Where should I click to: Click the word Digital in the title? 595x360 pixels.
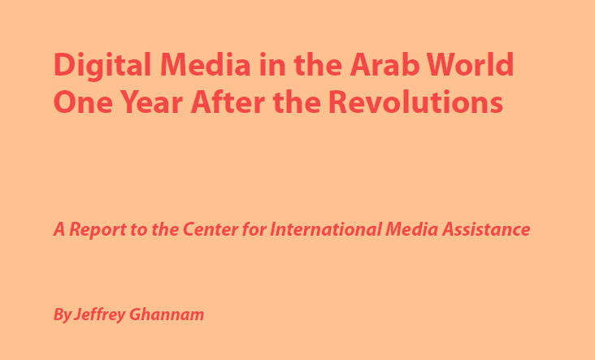pyautogui.click(x=102, y=66)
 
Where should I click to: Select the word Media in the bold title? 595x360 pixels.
pyautogui.click(x=206, y=64)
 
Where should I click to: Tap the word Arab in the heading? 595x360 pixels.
pyautogui.click(x=384, y=64)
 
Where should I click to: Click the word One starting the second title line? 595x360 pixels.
pyautogui.click(x=83, y=102)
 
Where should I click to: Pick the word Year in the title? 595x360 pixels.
pyautogui.click(x=152, y=102)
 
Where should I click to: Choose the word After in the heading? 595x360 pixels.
pyautogui.click(x=228, y=102)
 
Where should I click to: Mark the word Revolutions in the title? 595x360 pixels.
pyautogui.click(x=415, y=102)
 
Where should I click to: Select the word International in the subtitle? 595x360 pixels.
pyautogui.click(x=325, y=229)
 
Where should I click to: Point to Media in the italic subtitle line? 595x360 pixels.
pyautogui.click(x=412, y=229)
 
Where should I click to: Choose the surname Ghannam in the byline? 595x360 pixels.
pyautogui.click(x=167, y=314)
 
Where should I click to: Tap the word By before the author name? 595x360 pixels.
pyautogui.click(x=62, y=314)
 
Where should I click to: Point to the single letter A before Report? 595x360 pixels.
pyautogui.click(x=59, y=229)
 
